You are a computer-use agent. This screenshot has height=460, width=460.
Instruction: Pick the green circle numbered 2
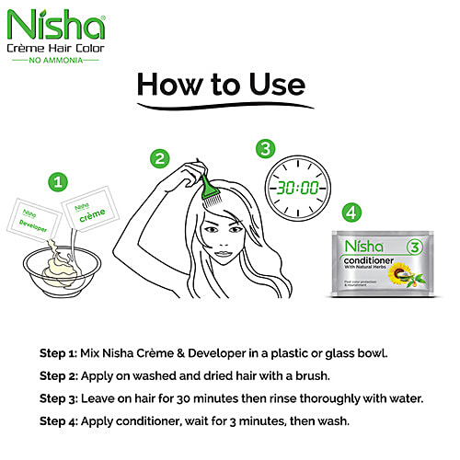[x=161, y=159]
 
